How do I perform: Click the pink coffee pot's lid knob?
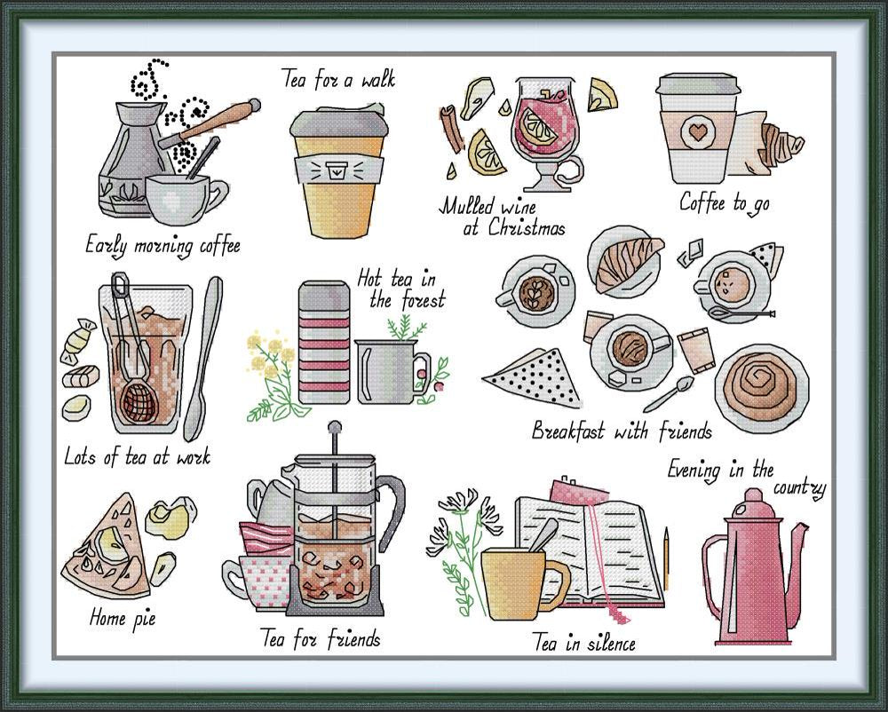click(x=753, y=495)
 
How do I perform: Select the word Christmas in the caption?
click(x=526, y=227)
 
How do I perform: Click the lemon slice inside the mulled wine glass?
click(x=540, y=126)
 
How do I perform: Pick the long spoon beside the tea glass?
click(x=202, y=358)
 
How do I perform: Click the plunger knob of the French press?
click(x=335, y=425)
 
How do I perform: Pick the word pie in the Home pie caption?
click(x=144, y=619)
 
